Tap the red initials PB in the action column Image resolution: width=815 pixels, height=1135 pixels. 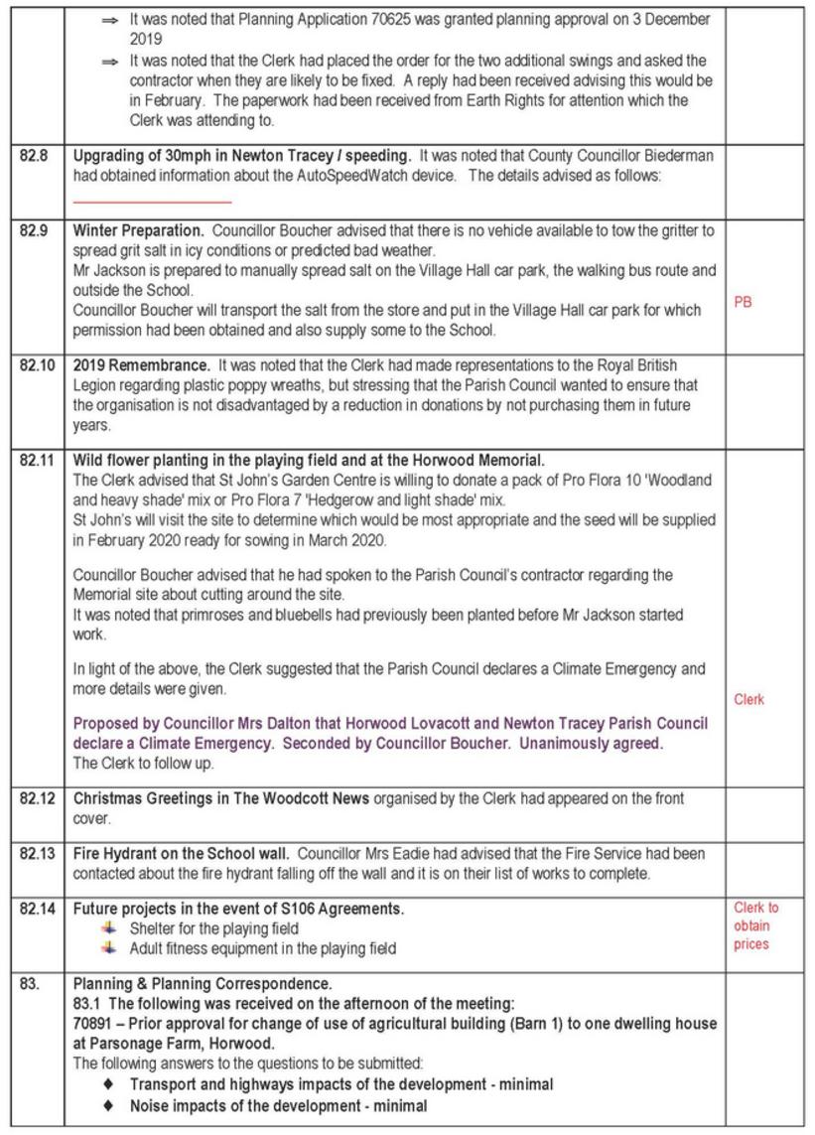pyautogui.click(x=743, y=302)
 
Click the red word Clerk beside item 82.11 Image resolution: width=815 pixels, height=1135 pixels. pyautogui.click(x=749, y=700)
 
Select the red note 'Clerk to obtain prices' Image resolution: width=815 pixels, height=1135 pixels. pyautogui.click(x=755, y=925)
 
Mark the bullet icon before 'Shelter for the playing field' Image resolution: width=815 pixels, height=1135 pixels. pyautogui.click(x=109, y=928)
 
